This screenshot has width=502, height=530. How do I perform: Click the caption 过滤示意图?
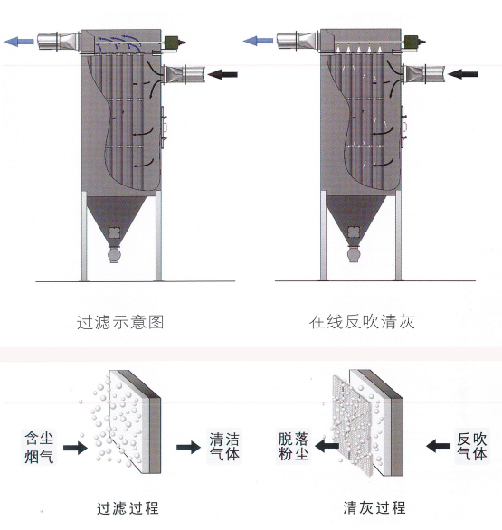(120, 321)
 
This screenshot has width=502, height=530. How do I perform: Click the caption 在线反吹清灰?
(362, 321)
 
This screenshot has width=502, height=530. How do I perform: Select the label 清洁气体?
(223, 446)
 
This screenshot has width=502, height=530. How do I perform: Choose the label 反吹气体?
(472, 446)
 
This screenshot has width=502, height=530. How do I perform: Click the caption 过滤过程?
(126, 508)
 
